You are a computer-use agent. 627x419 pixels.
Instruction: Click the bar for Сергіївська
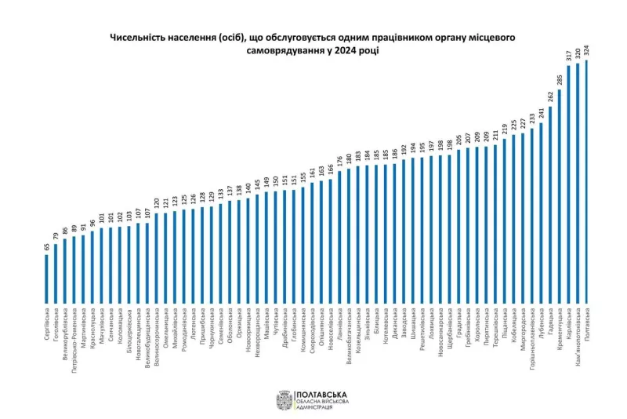pyautogui.click(x=46, y=279)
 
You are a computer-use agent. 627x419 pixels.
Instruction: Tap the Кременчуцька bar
pyautogui.click(x=559, y=196)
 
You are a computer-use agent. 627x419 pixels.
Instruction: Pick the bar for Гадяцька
pyautogui.click(x=550, y=205)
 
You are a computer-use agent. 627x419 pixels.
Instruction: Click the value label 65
pyautogui.click(x=46, y=246)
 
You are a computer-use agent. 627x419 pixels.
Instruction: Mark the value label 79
pyautogui.click(x=56, y=236)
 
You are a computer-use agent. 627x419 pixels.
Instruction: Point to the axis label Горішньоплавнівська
pyautogui.click(x=532, y=337)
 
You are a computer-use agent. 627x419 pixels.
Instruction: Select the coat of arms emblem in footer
pyautogui.click(x=284, y=402)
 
